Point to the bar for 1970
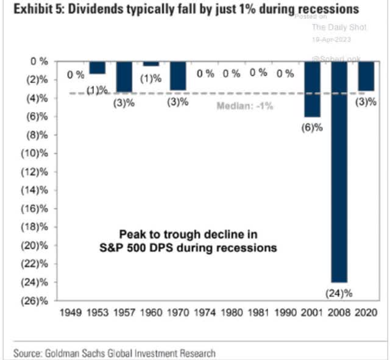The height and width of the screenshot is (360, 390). [x=178, y=75]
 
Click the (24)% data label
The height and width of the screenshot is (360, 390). [x=340, y=293]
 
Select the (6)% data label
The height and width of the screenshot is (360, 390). [x=313, y=128]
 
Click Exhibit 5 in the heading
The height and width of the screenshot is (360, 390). [x=27, y=10]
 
